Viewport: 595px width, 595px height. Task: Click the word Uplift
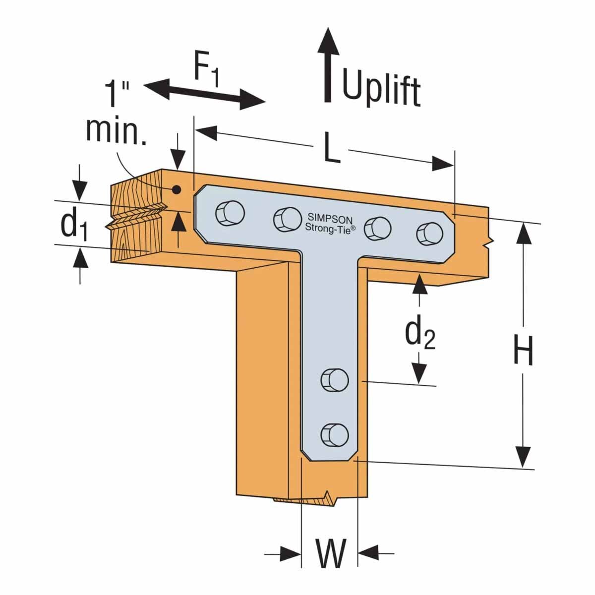381,89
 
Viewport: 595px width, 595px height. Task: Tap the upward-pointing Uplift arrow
328,64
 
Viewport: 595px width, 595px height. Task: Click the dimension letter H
523,350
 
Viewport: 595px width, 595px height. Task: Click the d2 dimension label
419,333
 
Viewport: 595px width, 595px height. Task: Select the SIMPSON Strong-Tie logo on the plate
329,223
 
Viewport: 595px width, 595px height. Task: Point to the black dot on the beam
175,189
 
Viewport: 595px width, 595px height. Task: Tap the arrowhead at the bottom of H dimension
522,456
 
